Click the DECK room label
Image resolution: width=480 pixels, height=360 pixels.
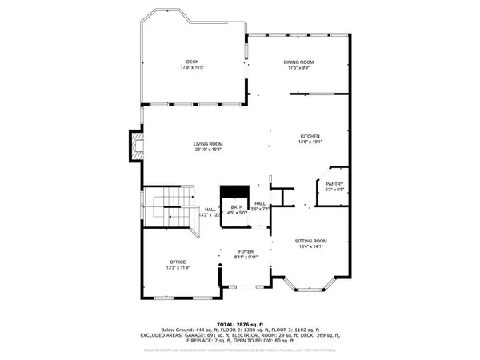[192, 62]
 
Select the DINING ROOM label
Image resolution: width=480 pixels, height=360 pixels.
[298, 62]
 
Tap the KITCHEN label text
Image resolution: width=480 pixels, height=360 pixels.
[310, 136]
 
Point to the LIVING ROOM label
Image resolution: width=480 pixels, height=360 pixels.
[206, 143]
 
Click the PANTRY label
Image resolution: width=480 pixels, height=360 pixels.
[334, 183]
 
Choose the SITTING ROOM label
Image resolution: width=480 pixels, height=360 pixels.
[311, 240]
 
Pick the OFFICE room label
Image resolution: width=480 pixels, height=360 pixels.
[178, 262]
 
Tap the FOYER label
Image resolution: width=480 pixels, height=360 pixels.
[245, 252]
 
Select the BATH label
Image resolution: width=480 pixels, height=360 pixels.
[237, 207]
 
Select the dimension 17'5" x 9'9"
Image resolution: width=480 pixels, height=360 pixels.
[298, 68]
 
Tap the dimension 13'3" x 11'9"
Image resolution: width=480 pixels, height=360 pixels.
[178, 268]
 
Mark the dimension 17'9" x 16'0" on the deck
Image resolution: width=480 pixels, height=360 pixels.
[192, 68]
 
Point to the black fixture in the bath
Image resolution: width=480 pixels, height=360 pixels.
[235, 190]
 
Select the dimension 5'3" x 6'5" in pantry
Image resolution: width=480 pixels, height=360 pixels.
[334, 190]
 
